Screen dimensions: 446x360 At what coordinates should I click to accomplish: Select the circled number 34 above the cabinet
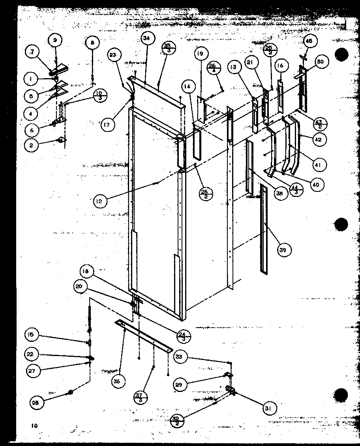click(x=146, y=38)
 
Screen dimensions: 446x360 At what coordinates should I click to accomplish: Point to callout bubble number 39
click(x=284, y=249)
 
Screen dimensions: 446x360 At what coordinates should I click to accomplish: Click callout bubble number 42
click(x=319, y=139)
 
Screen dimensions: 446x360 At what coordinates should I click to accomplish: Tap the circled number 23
click(x=114, y=56)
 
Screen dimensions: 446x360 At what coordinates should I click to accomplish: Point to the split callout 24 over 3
click(x=184, y=335)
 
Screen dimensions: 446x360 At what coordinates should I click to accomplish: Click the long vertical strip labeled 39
click(x=263, y=229)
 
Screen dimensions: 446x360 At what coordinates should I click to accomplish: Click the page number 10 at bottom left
click(x=35, y=425)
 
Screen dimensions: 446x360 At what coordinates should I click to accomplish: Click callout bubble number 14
click(x=188, y=85)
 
